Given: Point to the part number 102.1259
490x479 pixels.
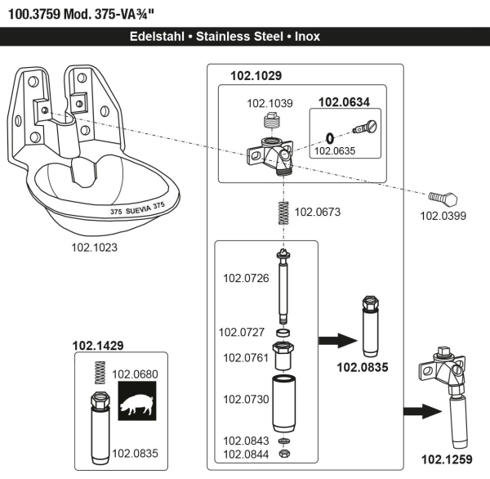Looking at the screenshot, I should [x=446, y=458].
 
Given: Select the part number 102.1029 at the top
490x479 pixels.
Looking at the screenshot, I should [x=256, y=75].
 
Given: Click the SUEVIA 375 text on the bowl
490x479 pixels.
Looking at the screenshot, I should [x=137, y=209].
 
